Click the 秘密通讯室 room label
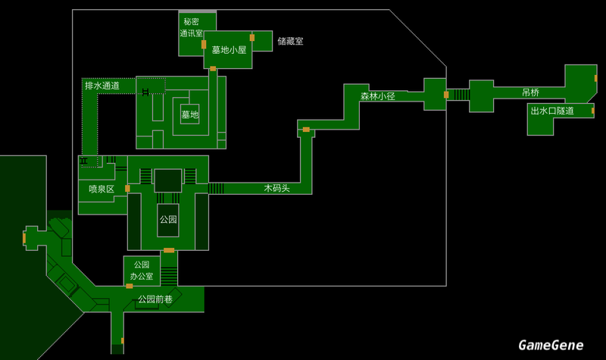[x=191, y=28]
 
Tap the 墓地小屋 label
[x=229, y=50]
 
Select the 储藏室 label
[x=290, y=41]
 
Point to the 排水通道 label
[x=102, y=86]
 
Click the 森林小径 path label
[x=378, y=96]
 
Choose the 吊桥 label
[x=530, y=92]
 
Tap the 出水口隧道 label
[x=551, y=111]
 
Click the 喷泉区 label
[x=101, y=189]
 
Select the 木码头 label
[x=276, y=187]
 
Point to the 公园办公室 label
[x=142, y=271]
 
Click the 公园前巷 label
[x=155, y=299]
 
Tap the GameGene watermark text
[x=551, y=345]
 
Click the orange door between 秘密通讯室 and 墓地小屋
[x=204, y=45]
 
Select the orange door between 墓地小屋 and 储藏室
[x=251, y=37]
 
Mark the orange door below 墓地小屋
[x=213, y=69]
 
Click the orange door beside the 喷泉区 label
[x=127, y=188]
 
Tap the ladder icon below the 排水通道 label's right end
[x=144, y=92]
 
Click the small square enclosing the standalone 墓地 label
[x=189, y=114]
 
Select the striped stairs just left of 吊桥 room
[x=461, y=95]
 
